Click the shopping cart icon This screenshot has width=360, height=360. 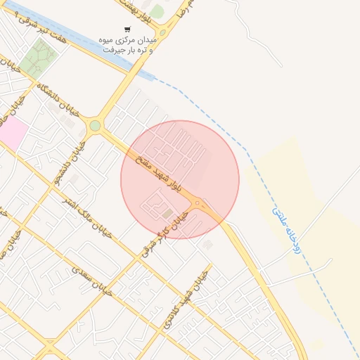[x=127, y=30]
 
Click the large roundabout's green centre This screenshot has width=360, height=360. [x=95, y=126]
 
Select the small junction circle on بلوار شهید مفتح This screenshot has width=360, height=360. [x=198, y=205]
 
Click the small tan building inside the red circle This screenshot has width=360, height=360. [x=167, y=212]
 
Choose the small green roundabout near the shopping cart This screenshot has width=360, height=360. [x=163, y=32]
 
